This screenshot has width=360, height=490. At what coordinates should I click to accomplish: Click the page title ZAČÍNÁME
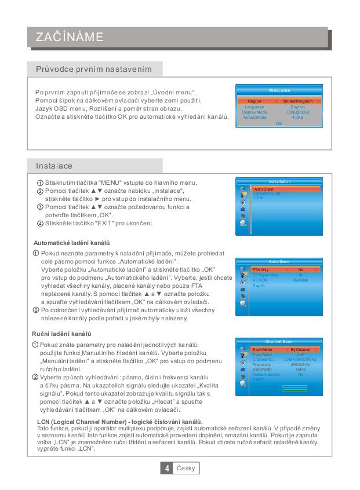tap(70, 38)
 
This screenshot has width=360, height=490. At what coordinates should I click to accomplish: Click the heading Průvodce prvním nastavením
tap(94, 70)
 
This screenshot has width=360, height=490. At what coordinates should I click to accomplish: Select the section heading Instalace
tap(54, 166)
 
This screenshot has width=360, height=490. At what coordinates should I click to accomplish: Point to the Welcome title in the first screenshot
tap(279, 90)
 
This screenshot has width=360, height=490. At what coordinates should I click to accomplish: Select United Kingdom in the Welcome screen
tap(298, 101)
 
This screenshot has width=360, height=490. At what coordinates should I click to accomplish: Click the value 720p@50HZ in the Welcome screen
tap(298, 112)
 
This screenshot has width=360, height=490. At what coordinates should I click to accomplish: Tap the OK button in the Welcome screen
tap(279, 123)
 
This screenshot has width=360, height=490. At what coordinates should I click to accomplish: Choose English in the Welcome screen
tap(298, 107)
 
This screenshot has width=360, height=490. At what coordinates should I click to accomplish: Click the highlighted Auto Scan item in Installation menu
tap(264, 189)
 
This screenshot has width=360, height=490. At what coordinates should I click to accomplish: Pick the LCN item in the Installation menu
tap(258, 198)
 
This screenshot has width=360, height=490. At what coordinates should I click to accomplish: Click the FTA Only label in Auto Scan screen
tap(261, 270)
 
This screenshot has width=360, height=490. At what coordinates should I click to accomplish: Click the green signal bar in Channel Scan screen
tap(294, 390)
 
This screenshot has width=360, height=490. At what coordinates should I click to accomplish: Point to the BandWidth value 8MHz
tap(300, 369)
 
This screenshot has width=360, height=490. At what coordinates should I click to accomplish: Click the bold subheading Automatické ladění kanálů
tap(72, 242)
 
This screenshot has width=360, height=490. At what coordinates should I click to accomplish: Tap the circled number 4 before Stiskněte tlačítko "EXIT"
tap(40, 224)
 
